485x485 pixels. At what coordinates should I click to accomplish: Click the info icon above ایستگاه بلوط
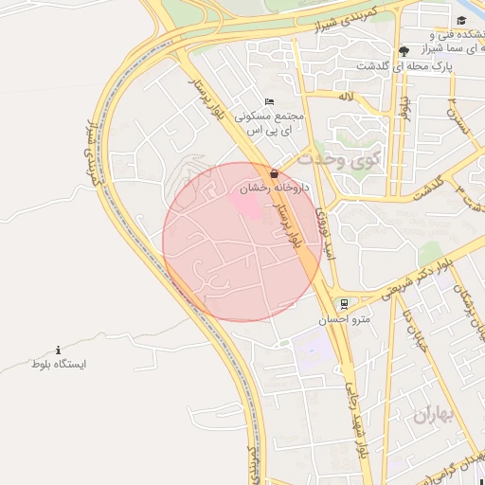pyautogui.click(x=59, y=350)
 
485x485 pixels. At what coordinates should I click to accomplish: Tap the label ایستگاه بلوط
pyautogui.click(x=59, y=365)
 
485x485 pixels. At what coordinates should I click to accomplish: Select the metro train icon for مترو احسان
pyautogui.click(x=343, y=305)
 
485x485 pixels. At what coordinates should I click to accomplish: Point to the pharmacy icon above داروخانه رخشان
pyautogui.click(x=275, y=174)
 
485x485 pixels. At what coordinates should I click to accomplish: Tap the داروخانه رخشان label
pyautogui.click(x=267, y=189)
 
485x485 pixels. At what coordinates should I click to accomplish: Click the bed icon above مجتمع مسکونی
pyautogui.click(x=269, y=102)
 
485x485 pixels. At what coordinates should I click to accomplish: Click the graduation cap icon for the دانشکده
pyautogui.click(x=461, y=21)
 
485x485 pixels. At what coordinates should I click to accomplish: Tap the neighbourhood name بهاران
pyautogui.click(x=435, y=415)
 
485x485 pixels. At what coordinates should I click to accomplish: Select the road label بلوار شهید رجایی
pyautogui.click(x=351, y=411)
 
